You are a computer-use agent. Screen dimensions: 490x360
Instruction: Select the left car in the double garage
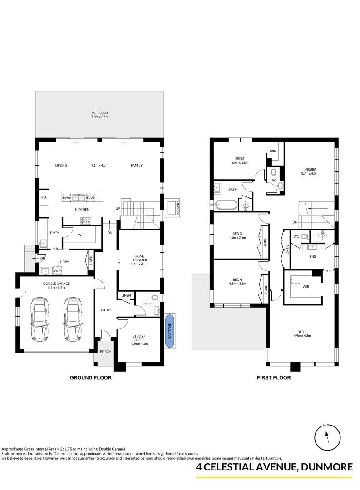tap(40, 320)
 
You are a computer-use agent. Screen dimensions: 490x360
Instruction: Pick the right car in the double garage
tap(72, 320)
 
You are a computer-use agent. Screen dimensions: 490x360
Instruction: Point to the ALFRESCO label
tap(99, 113)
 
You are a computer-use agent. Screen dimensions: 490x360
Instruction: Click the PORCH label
tap(106, 351)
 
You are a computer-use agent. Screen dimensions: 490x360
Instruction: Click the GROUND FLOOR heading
tap(90, 377)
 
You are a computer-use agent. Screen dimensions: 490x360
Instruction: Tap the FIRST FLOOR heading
tap(274, 377)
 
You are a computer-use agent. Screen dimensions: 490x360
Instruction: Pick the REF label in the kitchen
tap(44, 197)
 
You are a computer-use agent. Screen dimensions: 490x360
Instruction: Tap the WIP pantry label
tap(81, 235)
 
